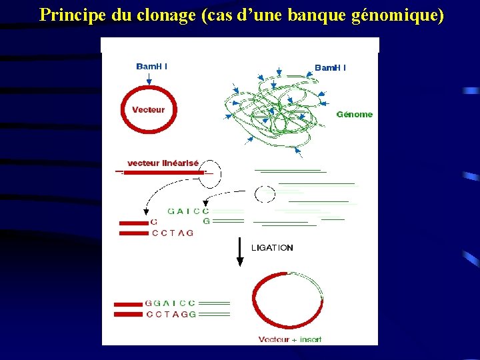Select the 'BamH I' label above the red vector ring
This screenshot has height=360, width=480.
point(152,66)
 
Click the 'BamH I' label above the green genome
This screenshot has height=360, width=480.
point(330,67)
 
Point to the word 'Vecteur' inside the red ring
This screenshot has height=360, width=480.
point(148,110)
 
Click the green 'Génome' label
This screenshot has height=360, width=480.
point(355,114)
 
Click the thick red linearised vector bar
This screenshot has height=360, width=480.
point(163,173)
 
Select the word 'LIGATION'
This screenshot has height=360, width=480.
point(272,247)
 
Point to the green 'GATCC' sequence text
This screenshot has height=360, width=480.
point(189,211)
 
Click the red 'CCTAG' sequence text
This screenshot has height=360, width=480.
point(173,233)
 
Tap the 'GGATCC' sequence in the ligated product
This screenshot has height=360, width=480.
point(171,303)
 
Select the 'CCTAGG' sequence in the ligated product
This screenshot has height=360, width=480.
point(171,313)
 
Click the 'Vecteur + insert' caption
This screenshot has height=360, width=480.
point(290,339)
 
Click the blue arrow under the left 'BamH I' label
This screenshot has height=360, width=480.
point(149,79)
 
